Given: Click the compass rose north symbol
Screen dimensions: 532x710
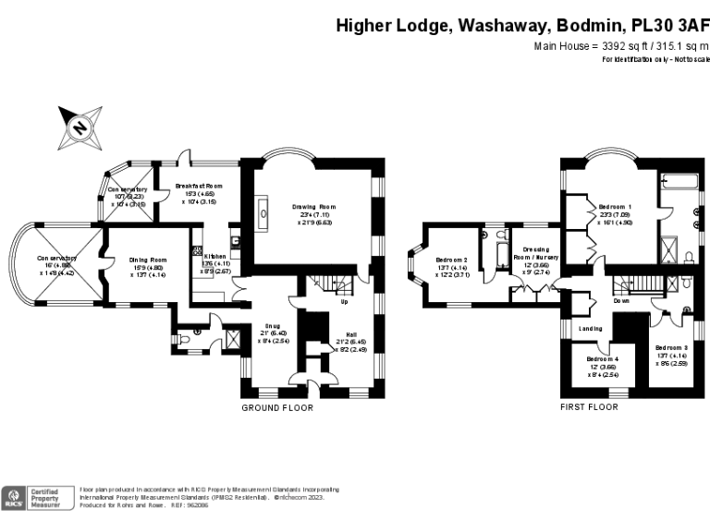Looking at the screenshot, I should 80,127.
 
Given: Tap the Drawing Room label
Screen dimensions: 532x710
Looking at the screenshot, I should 314,207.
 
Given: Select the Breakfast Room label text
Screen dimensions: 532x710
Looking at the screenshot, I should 199,186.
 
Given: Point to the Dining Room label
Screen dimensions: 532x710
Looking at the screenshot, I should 148,260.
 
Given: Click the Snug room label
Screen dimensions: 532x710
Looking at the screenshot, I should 273,325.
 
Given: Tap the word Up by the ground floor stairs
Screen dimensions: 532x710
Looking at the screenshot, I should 345,301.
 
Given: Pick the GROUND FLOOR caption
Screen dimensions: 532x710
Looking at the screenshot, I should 277,407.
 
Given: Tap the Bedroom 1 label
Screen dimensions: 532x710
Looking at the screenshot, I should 615,206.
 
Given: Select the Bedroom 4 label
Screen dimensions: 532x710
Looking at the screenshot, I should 602,358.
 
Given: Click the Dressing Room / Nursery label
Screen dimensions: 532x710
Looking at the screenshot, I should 539,250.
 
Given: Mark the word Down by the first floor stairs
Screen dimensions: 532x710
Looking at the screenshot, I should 621,301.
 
